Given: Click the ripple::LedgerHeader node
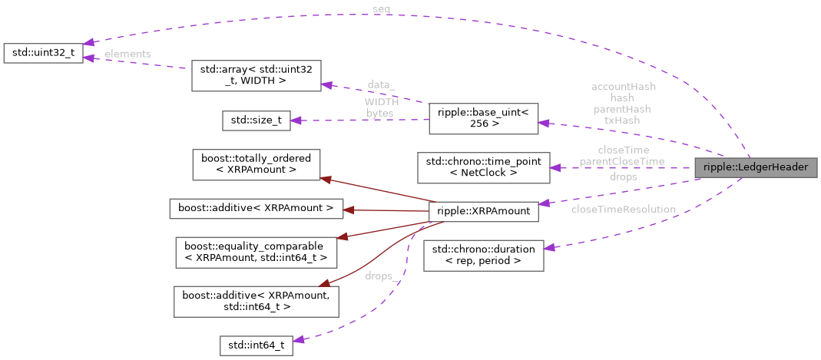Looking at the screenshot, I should pos(755,167).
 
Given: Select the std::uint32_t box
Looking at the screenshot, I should pos(42,54).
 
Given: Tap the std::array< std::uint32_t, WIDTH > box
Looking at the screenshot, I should pos(256,75).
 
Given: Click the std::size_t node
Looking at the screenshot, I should pos(256,120).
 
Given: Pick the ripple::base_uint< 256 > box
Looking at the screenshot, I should pos(484,117).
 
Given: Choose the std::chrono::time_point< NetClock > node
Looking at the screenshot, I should pos(483,167).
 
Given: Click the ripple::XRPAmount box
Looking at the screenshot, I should pos(483,211).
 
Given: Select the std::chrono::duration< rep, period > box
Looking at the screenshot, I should pos(484,255).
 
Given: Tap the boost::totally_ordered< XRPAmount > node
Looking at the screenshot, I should pos(256,164).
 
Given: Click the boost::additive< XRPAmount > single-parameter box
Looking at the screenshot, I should pos(256,207).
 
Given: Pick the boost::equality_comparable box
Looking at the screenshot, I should pos(256,252).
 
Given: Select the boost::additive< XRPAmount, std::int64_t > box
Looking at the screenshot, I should pos(256,301).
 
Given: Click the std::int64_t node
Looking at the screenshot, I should pos(256,345).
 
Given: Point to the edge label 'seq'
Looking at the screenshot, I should pos(381,9).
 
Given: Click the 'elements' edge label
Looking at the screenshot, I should pos(127,54).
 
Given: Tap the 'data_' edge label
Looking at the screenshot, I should pos(381,84).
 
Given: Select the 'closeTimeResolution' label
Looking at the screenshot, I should pos(623,209).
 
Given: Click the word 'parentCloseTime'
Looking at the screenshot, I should pos(622,161).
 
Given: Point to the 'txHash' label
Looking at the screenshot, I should pos(621,120).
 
